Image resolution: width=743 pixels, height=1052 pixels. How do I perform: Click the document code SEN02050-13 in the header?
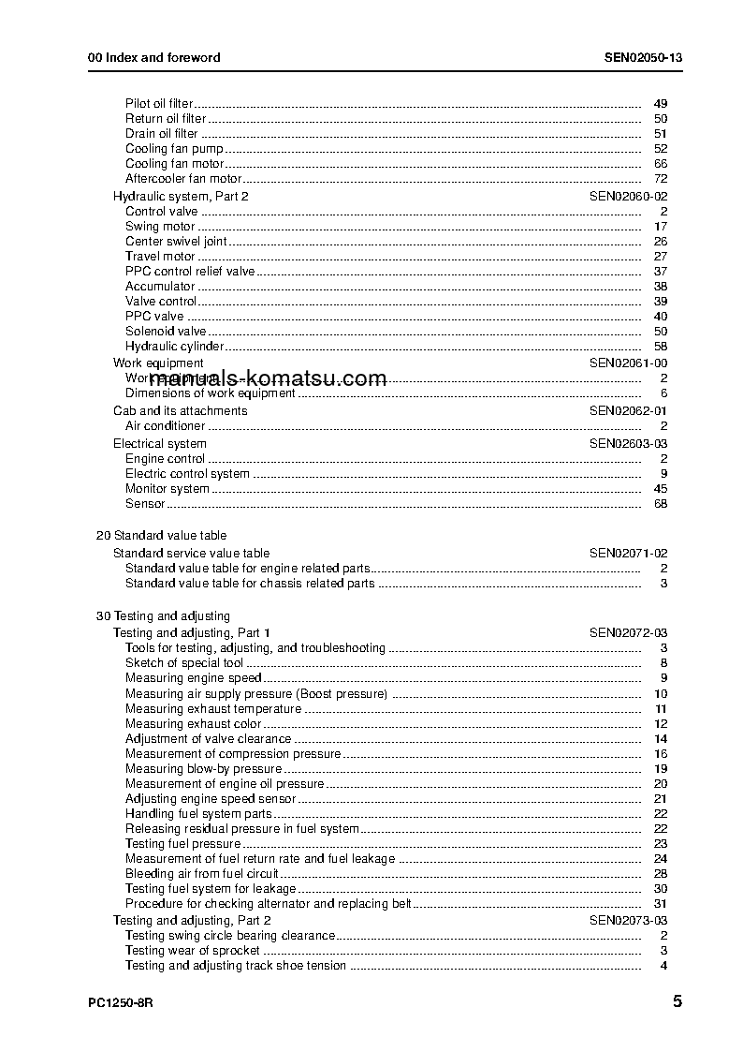point(643,57)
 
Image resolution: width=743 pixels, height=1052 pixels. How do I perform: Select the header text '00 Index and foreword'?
point(154,57)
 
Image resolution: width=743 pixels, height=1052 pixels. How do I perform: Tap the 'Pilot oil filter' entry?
point(159,104)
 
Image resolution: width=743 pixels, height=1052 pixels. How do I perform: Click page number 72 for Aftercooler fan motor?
point(660,179)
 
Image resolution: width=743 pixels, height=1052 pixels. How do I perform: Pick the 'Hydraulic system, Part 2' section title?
point(181,197)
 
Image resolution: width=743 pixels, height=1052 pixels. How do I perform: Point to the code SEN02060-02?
point(628,197)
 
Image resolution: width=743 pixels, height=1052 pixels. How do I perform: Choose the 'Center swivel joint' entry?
point(176,242)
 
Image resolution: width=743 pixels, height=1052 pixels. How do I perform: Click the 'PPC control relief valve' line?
point(190,272)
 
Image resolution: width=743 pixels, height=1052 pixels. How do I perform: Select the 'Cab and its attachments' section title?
point(181,411)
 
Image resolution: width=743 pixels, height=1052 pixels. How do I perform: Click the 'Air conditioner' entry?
point(165,426)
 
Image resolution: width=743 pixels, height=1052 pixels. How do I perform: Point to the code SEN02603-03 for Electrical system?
point(628,444)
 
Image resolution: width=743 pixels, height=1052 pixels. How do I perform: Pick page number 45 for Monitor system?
point(660,489)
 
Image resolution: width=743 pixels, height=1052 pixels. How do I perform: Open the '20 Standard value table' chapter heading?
point(161,536)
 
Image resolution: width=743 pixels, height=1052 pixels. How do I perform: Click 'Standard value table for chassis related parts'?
point(250,584)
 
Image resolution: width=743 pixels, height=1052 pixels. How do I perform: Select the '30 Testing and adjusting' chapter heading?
point(163,616)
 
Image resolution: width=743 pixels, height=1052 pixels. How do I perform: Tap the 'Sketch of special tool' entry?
point(184,663)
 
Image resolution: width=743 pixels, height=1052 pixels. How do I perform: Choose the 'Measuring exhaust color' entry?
point(193,724)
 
